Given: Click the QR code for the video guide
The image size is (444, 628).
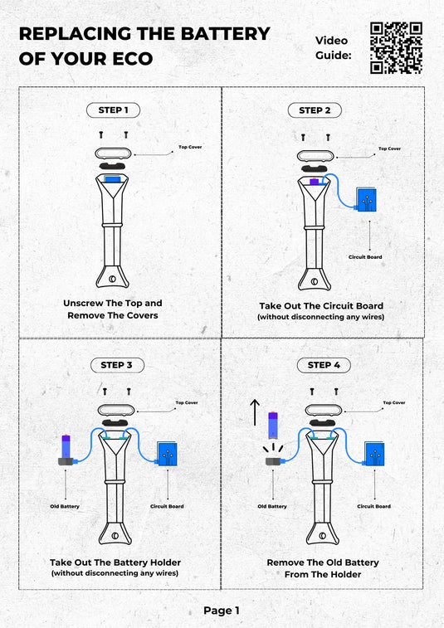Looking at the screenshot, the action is coord(396,48).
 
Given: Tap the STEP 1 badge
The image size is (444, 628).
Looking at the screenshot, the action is coord(114,110).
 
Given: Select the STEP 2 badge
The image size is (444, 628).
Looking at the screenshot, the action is coord(315,110).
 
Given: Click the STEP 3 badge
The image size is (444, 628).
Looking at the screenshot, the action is coord(117,365).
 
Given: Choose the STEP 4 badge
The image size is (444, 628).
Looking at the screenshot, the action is coord(324,365).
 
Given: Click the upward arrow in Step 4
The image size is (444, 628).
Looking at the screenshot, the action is coord(255,412).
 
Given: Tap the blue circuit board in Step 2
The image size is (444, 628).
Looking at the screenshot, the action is coord(366,199).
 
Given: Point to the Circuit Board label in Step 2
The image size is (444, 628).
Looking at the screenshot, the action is coord(365,257).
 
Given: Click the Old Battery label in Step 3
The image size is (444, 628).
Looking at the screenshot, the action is coord(65,506).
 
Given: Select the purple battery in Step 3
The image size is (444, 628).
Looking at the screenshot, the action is coord(66,446).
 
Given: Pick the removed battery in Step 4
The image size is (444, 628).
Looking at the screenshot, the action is coord(273,425).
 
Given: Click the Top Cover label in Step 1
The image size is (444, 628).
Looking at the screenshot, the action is coord(190,147).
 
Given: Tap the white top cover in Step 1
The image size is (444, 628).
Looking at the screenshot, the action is coord(113,153).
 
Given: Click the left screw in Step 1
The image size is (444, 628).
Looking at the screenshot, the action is coord(101,135).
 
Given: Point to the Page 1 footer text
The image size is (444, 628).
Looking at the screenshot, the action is coord(222,611).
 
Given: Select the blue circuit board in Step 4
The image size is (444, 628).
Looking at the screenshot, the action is coord(374,454).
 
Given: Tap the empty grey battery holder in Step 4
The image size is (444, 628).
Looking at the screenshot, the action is coord(274,461).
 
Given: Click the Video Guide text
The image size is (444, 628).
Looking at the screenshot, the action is coord(333,47).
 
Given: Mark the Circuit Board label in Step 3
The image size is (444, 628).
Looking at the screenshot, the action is coord(167,506).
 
